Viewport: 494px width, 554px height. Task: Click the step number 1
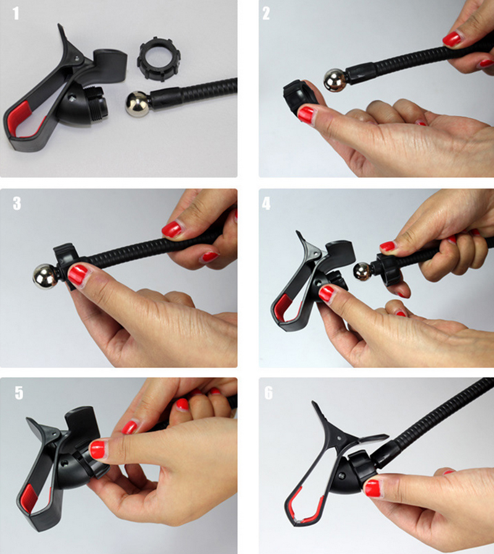tap(16, 14)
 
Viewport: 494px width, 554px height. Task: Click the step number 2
tap(266, 14)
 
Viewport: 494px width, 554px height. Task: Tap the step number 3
tap(17, 203)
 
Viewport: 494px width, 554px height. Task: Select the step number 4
tap(266, 203)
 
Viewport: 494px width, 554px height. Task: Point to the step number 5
tap(19, 393)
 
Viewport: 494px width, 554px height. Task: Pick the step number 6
tap(269, 393)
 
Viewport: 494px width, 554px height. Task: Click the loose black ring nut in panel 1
tap(159, 61)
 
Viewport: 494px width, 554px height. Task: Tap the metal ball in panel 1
tap(138, 104)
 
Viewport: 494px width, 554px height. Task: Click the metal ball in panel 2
tap(334, 79)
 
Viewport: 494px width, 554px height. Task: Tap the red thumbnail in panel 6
tap(372, 488)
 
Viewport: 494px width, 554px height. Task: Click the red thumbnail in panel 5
tap(98, 450)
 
